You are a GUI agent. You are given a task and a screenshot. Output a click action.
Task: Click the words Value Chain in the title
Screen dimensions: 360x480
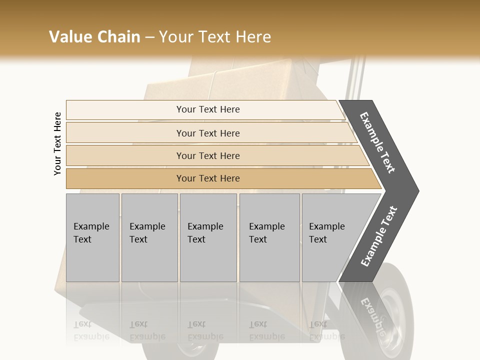(x=94, y=37)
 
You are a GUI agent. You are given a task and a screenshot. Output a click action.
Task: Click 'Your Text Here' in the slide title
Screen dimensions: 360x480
(x=215, y=37)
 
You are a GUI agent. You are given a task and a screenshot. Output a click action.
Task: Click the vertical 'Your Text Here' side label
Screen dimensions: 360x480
(x=58, y=143)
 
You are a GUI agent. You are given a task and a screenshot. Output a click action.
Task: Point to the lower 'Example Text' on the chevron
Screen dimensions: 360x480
(x=379, y=236)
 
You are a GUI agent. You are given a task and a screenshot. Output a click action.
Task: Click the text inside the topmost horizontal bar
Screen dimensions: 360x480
(x=208, y=109)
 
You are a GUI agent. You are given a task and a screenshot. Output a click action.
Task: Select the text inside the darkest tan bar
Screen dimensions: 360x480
(x=208, y=178)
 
